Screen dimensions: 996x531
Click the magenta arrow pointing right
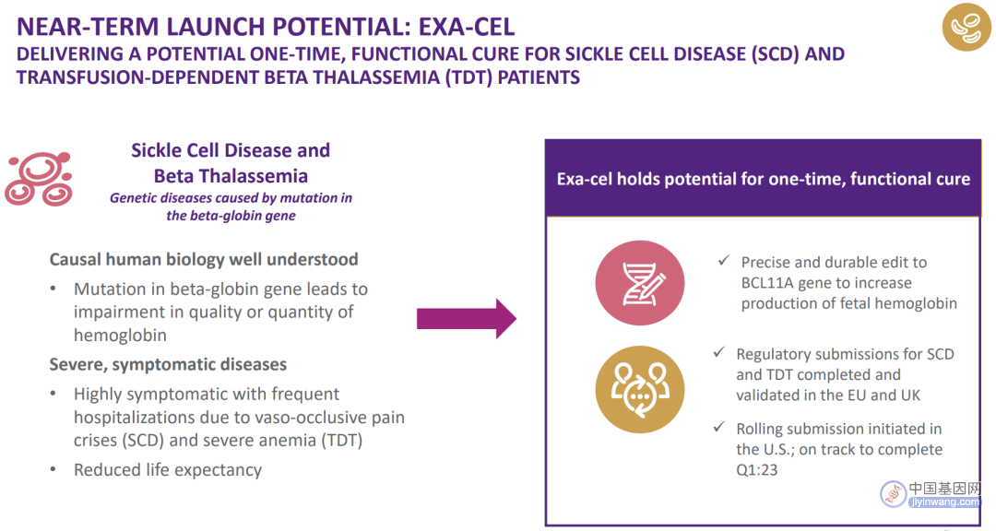467,318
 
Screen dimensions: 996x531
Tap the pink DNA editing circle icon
640,283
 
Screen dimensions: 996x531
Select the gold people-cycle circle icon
640,389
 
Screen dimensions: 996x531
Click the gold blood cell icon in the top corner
966,27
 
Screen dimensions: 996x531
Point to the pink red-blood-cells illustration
39,179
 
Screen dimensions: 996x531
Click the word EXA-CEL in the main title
467,27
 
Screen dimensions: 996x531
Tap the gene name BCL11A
763,283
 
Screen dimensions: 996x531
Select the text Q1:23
756,470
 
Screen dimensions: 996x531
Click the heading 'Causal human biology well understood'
204,259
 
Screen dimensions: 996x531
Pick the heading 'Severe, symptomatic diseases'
169,364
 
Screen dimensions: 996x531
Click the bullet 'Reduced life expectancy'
168,470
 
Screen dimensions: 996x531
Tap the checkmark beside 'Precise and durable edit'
724,260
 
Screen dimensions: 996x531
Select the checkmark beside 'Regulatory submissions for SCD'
719,352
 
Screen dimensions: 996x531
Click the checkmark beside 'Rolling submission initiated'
719,427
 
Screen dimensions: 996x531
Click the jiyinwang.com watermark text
944,502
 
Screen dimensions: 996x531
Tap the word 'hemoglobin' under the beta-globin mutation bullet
120,336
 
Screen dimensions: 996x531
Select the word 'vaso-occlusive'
310,418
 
